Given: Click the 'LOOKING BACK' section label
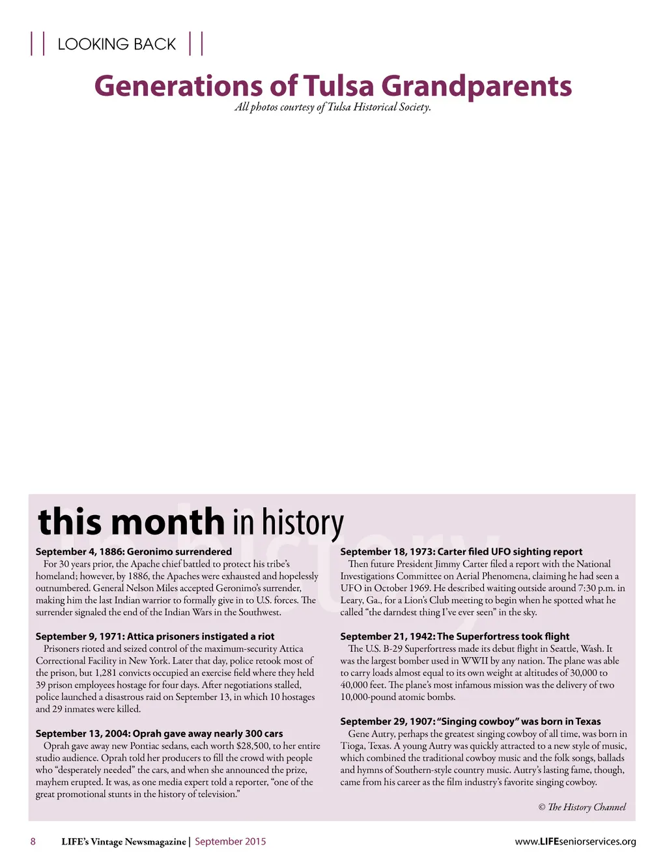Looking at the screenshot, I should [x=117, y=44].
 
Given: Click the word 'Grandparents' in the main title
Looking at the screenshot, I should [x=476, y=86].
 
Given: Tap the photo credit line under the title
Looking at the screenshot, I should [x=333, y=107].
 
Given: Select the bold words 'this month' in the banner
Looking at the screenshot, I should [x=132, y=522].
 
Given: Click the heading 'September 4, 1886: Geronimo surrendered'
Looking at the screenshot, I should [x=134, y=552].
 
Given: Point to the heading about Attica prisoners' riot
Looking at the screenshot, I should [x=155, y=636].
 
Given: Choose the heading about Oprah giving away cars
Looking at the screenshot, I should [x=159, y=733].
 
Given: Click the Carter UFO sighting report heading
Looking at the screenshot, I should [x=461, y=552].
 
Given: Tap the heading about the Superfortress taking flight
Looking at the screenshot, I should [x=455, y=636].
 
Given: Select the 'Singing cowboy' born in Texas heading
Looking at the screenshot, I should [x=470, y=721].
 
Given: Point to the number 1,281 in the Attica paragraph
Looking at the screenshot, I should [x=107, y=673].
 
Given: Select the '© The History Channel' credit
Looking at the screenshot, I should [x=582, y=807].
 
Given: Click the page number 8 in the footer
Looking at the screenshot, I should [x=33, y=841].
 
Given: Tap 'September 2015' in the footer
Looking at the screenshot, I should [x=230, y=841].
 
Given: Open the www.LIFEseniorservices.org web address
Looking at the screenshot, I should [x=575, y=841].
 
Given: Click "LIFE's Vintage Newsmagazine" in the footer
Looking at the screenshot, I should [x=123, y=841].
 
